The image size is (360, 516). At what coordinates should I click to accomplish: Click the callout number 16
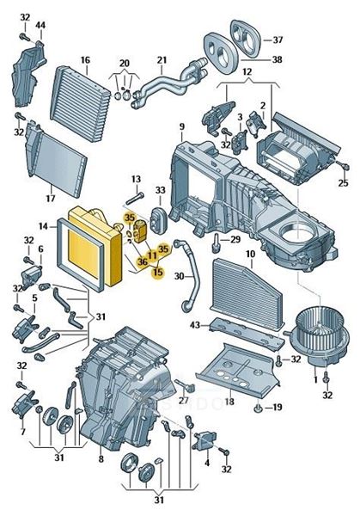tap(85, 60)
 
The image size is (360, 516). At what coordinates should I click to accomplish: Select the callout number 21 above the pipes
tap(162, 60)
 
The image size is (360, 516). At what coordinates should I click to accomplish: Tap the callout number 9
tap(182, 126)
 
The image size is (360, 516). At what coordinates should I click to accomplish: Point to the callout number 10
tap(250, 254)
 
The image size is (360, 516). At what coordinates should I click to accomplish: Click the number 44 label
tap(40, 25)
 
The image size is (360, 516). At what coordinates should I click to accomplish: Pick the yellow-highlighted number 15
tap(158, 272)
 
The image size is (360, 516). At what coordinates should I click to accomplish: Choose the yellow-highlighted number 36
tap(143, 262)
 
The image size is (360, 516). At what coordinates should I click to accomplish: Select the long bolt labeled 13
tap(135, 199)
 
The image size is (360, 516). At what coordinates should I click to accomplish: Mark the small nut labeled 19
tap(258, 408)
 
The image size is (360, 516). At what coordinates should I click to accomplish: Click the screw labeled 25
tap(344, 167)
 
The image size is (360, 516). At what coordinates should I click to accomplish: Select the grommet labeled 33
tap(159, 219)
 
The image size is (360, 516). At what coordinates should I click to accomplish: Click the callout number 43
tap(195, 325)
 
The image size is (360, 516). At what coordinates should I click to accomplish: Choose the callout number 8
tap(101, 458)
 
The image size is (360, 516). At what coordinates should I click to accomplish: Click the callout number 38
tap(278, 59)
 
